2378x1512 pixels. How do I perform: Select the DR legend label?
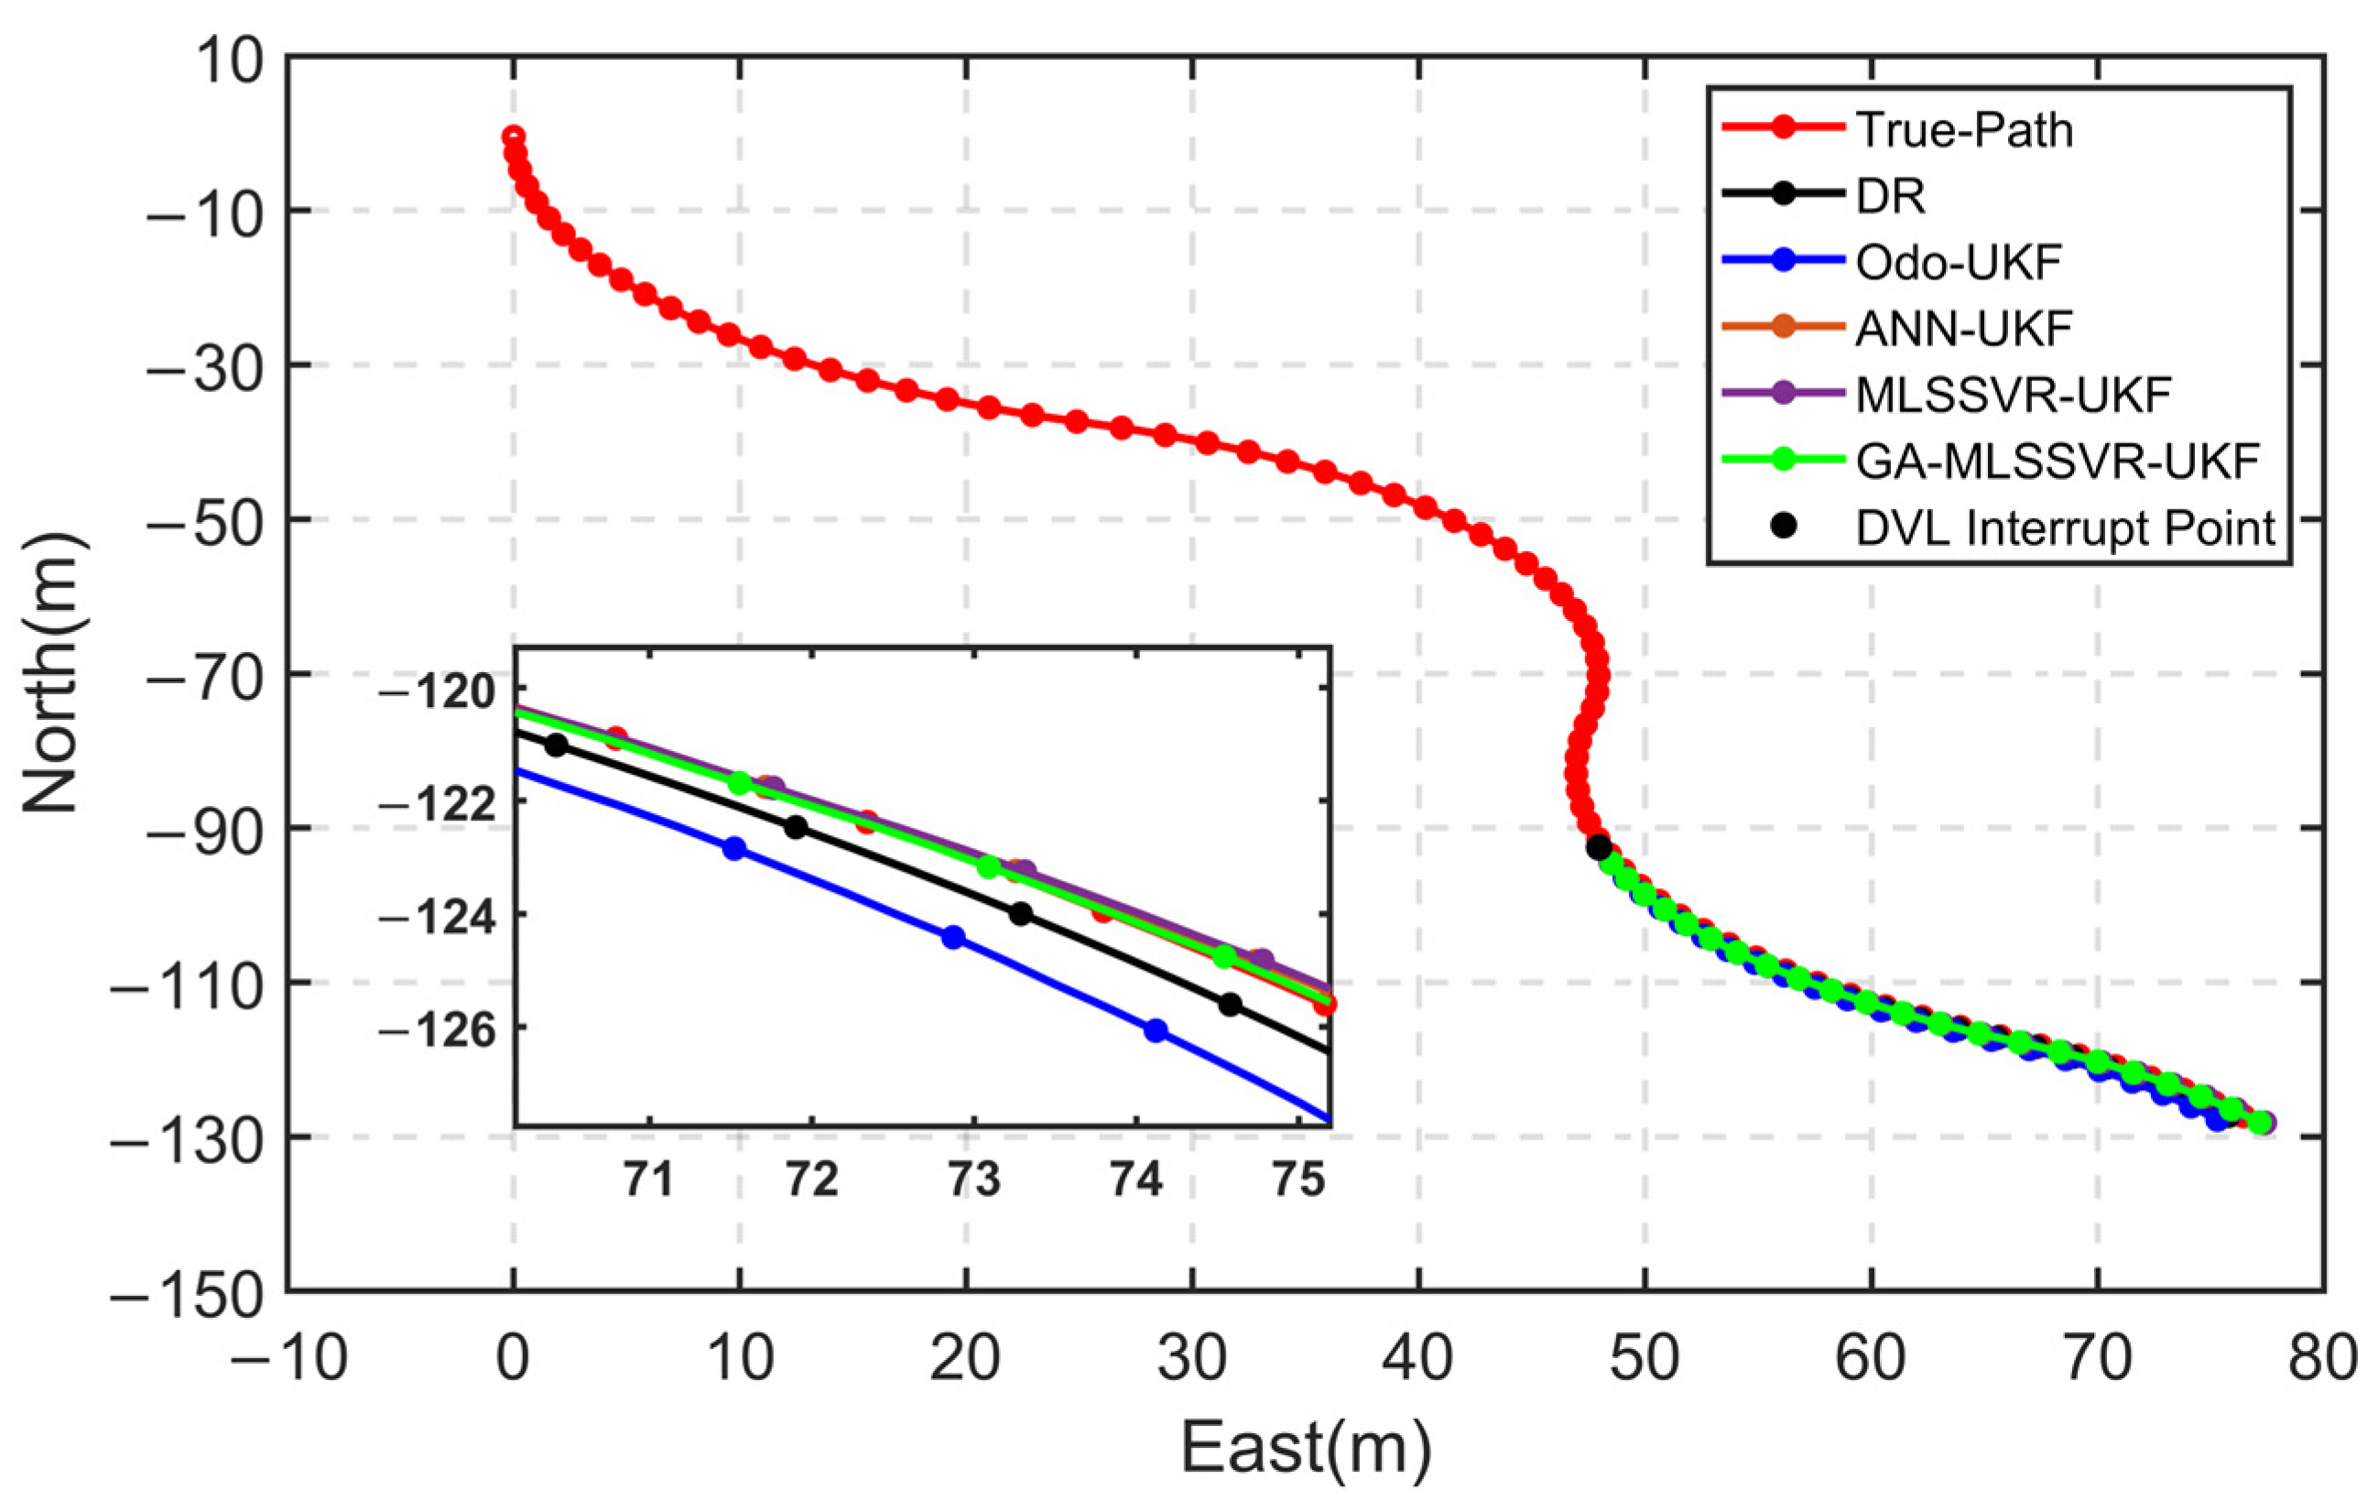[x=1890, y=196]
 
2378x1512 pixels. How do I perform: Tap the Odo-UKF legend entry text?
[x=1959, y=262]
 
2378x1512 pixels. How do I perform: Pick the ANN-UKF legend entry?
[x=1963, y=328]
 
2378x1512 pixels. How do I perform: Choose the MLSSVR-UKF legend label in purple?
[x=2014, y=394]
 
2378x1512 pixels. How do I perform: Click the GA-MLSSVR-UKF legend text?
[x=2058, y=461]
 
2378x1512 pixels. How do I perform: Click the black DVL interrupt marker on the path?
[x=1599, y=846]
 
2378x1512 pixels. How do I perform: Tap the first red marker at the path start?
[x=513, y=137]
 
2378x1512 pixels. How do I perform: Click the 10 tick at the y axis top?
[x=229, y=60]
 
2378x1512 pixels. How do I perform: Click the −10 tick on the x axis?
[x=288, y=1358]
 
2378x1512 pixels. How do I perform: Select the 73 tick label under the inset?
[x=973, y=1180]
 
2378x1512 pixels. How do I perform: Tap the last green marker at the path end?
[x=2261, y=1123]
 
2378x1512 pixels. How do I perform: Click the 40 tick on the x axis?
[x=1417, y=1358]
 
